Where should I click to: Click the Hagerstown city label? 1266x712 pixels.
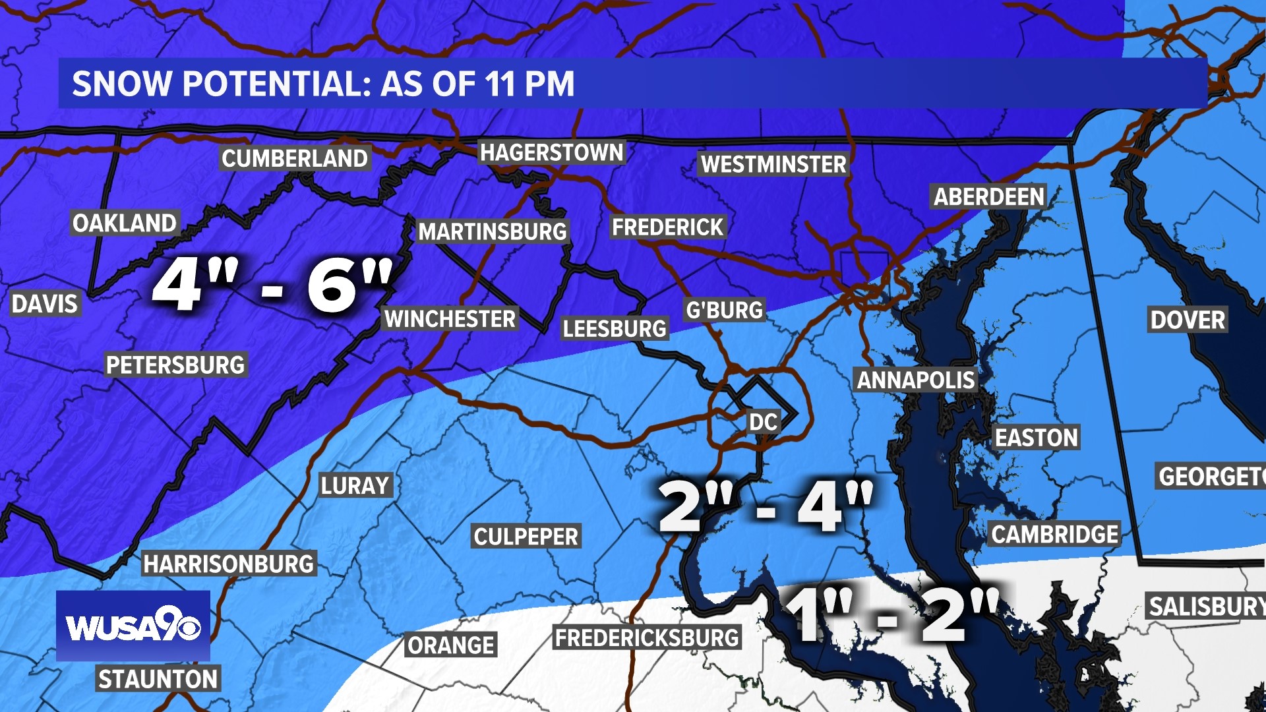point(551,153)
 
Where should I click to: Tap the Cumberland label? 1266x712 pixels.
point(294,159)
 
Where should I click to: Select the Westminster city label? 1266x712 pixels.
point(773,164)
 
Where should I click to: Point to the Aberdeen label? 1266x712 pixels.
point(989,196)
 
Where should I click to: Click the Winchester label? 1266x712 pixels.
point(450,319)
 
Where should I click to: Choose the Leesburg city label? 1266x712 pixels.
point(614,328)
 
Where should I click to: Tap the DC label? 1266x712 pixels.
point(764,422)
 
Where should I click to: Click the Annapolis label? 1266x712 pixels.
point(915,380)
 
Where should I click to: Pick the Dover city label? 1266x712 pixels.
point(1188,320)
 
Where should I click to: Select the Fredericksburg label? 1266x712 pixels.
point(647,638)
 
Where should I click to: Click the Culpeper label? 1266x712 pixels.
point(526,537)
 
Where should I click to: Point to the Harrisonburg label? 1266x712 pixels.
point(229,564)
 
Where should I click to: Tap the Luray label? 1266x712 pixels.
point(355,486)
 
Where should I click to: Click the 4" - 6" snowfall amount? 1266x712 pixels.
point(272,285)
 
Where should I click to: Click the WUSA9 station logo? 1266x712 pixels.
point(133,626)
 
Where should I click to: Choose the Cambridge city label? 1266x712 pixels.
point(1055,535)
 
